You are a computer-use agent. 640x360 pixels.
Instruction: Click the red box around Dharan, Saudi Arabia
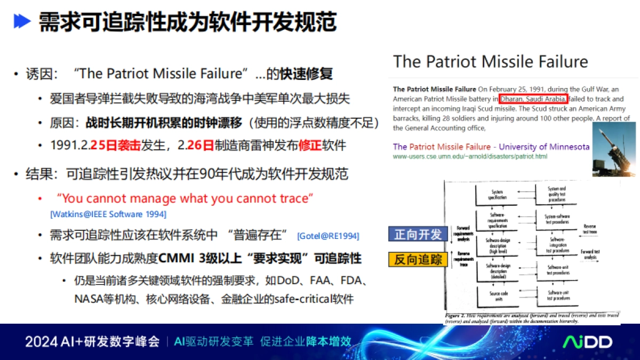[x=533, y=99]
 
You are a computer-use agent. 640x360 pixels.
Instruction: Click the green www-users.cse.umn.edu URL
[x=470, y=157]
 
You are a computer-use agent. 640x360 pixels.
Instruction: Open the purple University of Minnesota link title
[x=491, y=147]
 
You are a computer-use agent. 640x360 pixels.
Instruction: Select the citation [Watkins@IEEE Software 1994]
[x=108, y=214]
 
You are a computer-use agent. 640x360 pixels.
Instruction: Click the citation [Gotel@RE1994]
[x=327, y=236]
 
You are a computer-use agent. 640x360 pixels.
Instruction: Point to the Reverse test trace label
[x=589, y=229]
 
